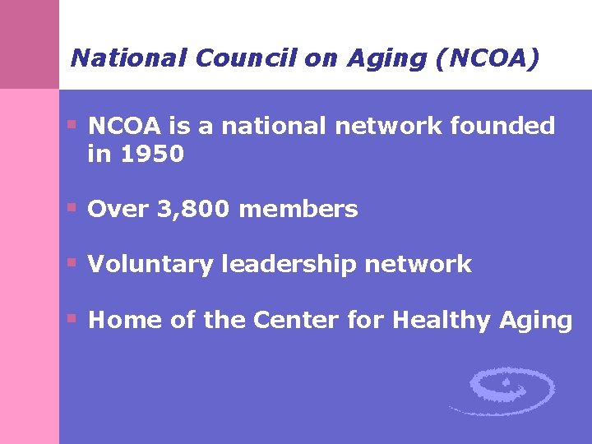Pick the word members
[298, 210]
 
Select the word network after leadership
[419, 265]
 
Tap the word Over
[118, 210]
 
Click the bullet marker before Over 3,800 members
[72, 208]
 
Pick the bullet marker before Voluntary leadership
[72, 263]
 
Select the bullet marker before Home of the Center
[72, 318]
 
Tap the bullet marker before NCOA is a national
[72, 125]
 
